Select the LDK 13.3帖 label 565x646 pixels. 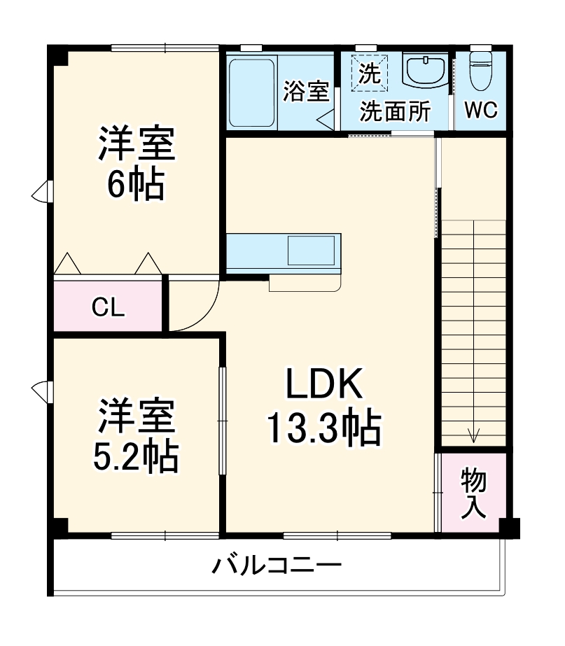(323, 406)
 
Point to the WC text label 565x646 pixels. (480, 111)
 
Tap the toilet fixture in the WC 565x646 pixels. (480, 70)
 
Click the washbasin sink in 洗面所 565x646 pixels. (425, 71)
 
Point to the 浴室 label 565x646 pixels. (306, 92)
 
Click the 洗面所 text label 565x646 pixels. (396, 112)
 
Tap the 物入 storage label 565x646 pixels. (473, 493)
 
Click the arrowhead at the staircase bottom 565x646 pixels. (474, 437)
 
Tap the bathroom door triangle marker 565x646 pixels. (327, 118)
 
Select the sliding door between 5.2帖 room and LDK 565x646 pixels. (222, 420)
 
